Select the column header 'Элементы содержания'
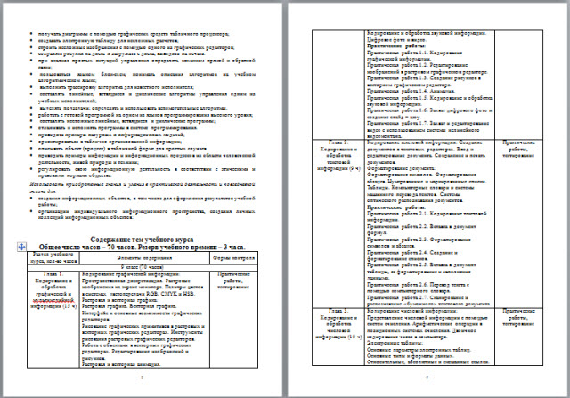coord(134,256)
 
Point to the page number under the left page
coord(142,378)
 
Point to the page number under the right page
coord(427,378)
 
